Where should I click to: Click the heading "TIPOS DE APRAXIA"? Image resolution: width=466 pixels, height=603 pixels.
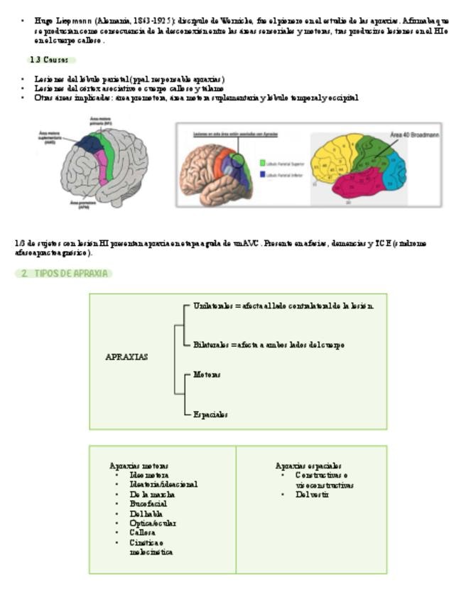tap(67, 274)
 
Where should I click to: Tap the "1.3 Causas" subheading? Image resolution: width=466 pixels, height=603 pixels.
tap(49, 60)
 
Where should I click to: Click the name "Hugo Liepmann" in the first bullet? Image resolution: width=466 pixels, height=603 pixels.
tap(63, 21)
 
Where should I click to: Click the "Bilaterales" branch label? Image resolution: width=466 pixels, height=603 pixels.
tap(211, 345)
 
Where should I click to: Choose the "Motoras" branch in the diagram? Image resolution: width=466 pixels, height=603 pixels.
tap(207, 374)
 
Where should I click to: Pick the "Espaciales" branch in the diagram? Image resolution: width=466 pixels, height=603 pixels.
tap(210, 415)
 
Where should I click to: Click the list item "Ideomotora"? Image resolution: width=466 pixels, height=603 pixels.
tap(149, 475)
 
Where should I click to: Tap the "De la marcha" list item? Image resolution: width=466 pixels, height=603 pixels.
tap(152, 494)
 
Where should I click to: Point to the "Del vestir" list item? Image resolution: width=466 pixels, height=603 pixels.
tap(313, 494)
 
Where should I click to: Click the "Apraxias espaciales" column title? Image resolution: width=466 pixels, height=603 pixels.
tap(308, 466)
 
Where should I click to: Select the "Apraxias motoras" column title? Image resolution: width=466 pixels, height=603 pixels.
tap(139, 466)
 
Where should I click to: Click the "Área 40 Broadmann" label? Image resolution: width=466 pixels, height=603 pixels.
tap(415, 134)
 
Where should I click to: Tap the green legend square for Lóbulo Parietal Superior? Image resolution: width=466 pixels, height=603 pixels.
tap(262, 163)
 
